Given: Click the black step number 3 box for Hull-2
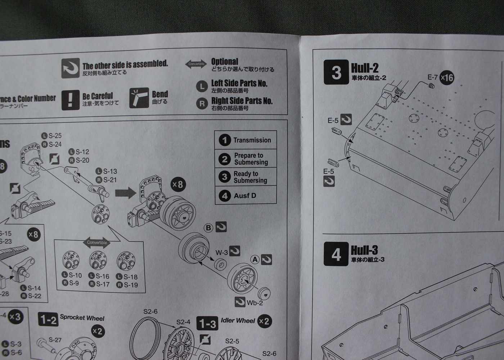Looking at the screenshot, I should [x=336, y=72].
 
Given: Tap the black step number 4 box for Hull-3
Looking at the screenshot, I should [x=336, y=254].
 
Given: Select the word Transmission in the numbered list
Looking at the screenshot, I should [x=252, y=140].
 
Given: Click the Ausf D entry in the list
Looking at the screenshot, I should [x=245, y=196].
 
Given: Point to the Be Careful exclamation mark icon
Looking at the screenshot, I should [x=70, y=99].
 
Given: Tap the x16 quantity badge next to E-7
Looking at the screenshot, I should [x=447, y=77].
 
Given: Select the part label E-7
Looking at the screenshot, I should [x=432, y=77].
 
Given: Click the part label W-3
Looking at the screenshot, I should [x=221, y=253].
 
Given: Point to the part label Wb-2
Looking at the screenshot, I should [x=255, y=303].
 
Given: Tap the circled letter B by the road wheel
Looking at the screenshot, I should [x=208, y=228].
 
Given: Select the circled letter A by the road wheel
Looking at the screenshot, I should [x=255, y=259].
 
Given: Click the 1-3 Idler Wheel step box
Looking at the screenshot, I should [x=207, y=324].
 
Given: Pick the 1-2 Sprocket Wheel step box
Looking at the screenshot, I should [x=48, y=320].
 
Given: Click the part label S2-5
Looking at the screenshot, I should [x=232, y=341].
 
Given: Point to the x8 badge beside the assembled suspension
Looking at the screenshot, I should [x=177, y=185].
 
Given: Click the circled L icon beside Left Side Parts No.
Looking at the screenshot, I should [x=202, y=86].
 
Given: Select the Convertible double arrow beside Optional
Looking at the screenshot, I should [x=196, y=64].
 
